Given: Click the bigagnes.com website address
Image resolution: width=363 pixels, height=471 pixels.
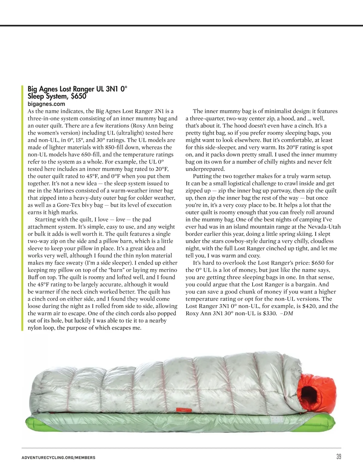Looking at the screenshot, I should click(x=46, y=104).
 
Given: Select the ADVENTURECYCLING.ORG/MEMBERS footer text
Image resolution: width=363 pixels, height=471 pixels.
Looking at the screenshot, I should click(x=58, y=458).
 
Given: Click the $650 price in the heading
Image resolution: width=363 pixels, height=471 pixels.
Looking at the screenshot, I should click(x=78, y=96).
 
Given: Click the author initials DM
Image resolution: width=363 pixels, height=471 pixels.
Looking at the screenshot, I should click(x=289, y=313).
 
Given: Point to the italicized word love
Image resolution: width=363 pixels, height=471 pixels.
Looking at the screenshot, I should click(x=120, y=219).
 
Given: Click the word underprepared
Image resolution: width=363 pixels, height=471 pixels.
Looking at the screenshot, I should click(x=205, y=169).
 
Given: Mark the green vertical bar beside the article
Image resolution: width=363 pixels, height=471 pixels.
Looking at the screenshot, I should click(x=22, y=208).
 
